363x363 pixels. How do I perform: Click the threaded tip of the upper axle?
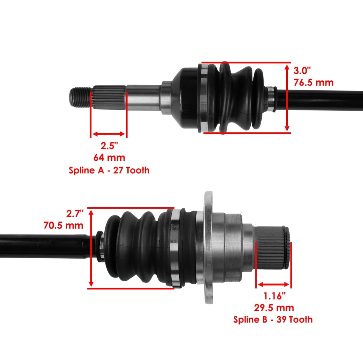coord(80,97)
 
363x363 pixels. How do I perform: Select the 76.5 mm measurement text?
coord(314,82)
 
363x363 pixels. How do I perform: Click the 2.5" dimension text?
coord(109,146)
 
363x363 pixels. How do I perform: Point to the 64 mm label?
coord(109,157)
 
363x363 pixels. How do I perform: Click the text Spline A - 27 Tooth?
coord(109,170)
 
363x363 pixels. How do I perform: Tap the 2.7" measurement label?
coord(74,214)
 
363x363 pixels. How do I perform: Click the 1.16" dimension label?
coord(273,295)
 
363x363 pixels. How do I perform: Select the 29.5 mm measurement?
coord(273,307)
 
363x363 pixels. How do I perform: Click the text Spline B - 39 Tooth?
coord(273,320)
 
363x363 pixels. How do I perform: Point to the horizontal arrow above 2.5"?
coord(109,134)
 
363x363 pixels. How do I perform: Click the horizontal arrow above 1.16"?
coord(273,284)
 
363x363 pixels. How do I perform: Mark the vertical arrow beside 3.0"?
coord(287,97)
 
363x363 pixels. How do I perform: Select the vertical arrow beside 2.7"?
coord(91,248)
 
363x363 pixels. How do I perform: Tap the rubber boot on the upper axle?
coord(238,98)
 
